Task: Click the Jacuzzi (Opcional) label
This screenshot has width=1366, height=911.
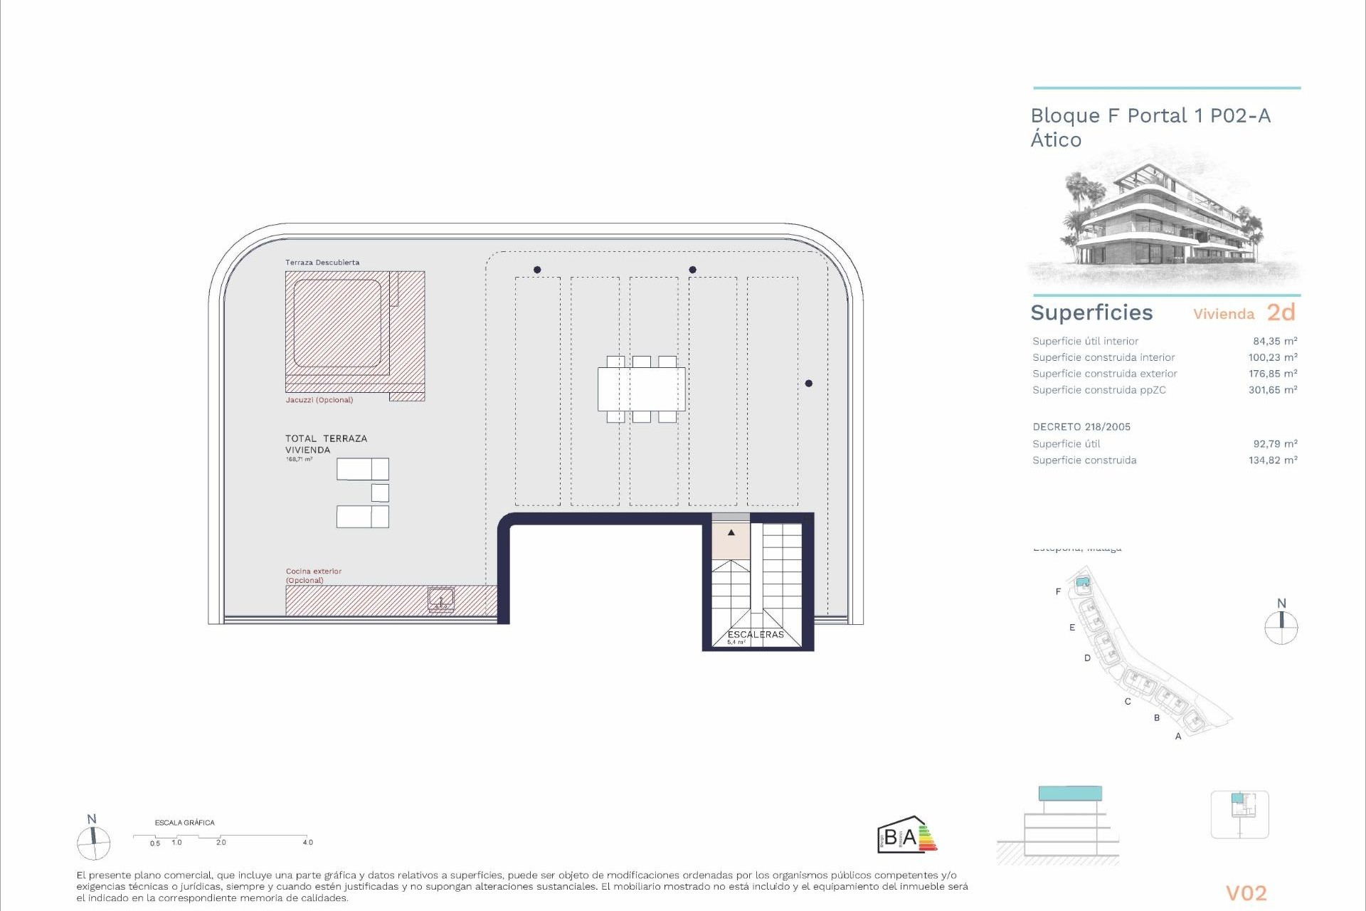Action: click(319, 400)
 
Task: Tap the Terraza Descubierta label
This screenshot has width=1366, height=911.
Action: click(322, 263)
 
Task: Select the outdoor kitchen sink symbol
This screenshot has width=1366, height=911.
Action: click(441, 599)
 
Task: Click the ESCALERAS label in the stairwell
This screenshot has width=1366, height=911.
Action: click(755, 634)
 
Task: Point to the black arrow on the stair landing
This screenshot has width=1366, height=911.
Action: click(731, 532)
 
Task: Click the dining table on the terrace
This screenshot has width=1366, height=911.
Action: click(641, 389)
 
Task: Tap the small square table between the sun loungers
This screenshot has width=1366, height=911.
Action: click(380, 493)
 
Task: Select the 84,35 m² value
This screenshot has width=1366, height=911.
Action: click(1274, 341)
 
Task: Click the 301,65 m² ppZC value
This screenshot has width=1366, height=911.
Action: click(1272, 390)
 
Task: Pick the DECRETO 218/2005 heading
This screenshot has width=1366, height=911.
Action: click(1081, 427)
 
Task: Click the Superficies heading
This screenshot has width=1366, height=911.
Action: click(1091, 312)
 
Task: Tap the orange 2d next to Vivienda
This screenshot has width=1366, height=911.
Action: click(1281, 312)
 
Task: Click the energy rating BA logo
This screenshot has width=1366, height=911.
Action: click(906, 836)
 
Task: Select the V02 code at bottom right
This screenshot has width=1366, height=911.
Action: click(1246, 893)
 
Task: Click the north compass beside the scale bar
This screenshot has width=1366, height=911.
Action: click(94, 843)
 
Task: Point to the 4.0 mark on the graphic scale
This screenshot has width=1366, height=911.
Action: click(307, 842)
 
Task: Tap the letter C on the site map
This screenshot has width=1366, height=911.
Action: click(1127, 702)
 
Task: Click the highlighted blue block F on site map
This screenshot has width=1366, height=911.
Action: click(1082, 582)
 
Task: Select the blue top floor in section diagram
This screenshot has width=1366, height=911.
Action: click(1069, 794)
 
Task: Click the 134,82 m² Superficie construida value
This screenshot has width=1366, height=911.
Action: click(1272, 460)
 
